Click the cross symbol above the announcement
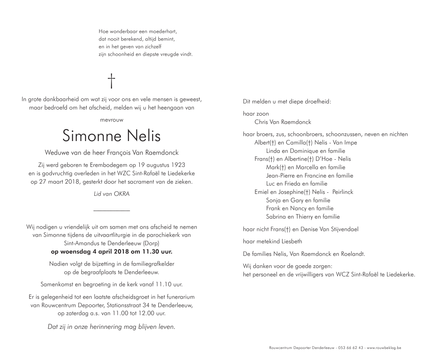click(111, 81)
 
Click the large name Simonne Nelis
click(111, 136)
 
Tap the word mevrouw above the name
click(111, 120)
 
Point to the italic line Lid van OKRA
click(111, 194)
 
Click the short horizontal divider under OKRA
click(111, 210)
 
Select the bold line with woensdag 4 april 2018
click(111, 252)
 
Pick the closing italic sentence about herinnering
click(111, 327)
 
